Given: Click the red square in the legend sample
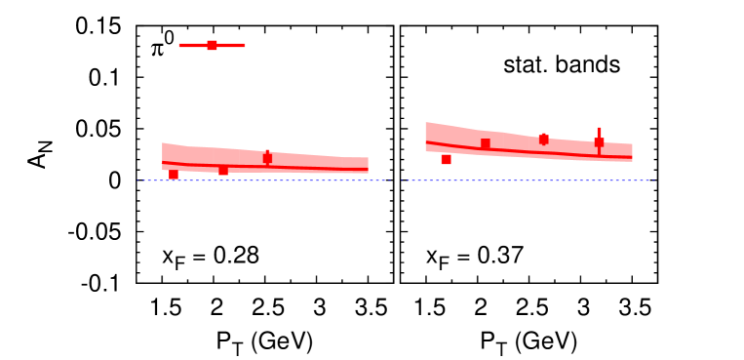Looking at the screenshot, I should pyautogui.click(x=212, y=45).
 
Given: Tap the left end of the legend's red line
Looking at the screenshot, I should pyautogui.click(x=180, y=45).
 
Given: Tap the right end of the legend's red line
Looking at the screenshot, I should pyautogui.click(x=244, y=45).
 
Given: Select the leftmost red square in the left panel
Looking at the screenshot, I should pyautogui.click(x=174, y=175).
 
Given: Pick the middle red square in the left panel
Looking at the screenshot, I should pyautogui.click(x=223, y=170).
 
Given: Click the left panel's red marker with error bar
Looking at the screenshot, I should pyautogui.click(x=267, y=157).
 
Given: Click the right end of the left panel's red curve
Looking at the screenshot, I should pyautogui.click(x=368, y=170).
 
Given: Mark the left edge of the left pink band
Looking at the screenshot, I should pyautogui.click(x=163, y=156).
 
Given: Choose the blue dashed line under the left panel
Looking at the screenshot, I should pyautogui.click(x=263, y=180).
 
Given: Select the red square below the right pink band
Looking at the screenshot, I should pyautogui.click(x=446, y=159).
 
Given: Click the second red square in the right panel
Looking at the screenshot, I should pyautogui.click(x=485, y=143).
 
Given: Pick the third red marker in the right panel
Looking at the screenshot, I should pyautogui.click(x=543, y=139).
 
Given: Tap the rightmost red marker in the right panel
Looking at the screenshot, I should pyautogui.click(x=599, y=142).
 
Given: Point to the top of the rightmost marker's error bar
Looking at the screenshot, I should pyautogui.click(x=599, y=128).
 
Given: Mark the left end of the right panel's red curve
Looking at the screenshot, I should pyautogui.click(x=426, y=142).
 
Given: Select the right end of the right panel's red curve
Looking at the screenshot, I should pyautogui.click(x=632, y=156).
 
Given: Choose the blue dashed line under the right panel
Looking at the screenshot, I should pyautogui.click(x=527, y=180).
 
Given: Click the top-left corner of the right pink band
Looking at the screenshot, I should pyautogui.click(x=426, y=123).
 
